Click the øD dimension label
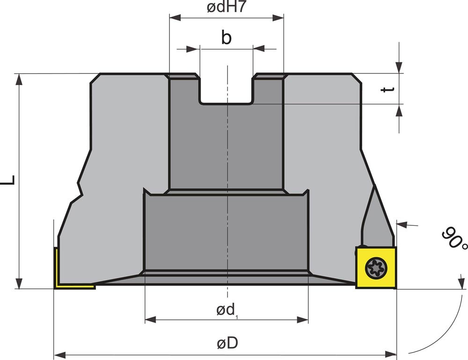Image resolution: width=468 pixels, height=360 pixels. pyautogui.click(x=227, y=343)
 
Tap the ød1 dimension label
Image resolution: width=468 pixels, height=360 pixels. pyautogui.click(x=227, y=310)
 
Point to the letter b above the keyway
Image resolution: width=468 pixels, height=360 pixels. pyautogui.click(x=226, y=37)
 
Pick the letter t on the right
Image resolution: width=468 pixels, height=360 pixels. pyautogui.click(x=388, y=89)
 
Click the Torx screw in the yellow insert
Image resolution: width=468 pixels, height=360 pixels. pyautogui.click(x=376, y=268)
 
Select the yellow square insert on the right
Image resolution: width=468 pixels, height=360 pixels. pyautogui.click(x=376, y=267)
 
